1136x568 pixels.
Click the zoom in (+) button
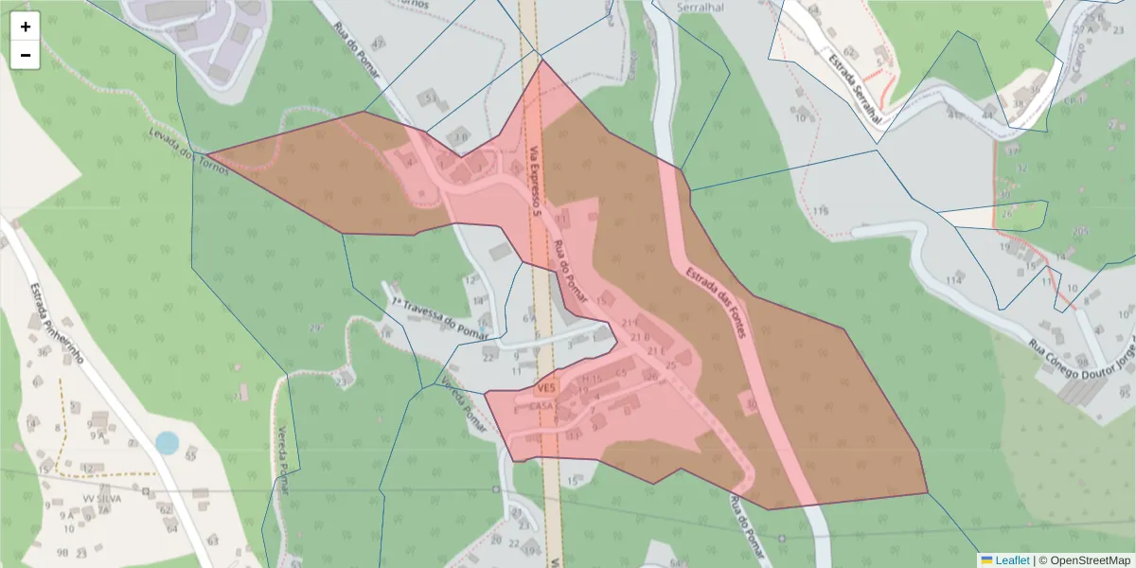pos(26,27)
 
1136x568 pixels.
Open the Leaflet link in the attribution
pos(1012,560)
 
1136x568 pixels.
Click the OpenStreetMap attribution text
pos(1090,560)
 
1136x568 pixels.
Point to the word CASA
pos(542,406)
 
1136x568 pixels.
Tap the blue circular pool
pos(167,442)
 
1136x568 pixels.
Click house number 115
pos(821,210)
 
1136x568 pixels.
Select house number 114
pos(952,280)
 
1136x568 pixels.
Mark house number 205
pos(1080,231)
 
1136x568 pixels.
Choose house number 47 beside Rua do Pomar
pos(380,44)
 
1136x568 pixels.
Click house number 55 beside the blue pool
pos(190,456)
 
